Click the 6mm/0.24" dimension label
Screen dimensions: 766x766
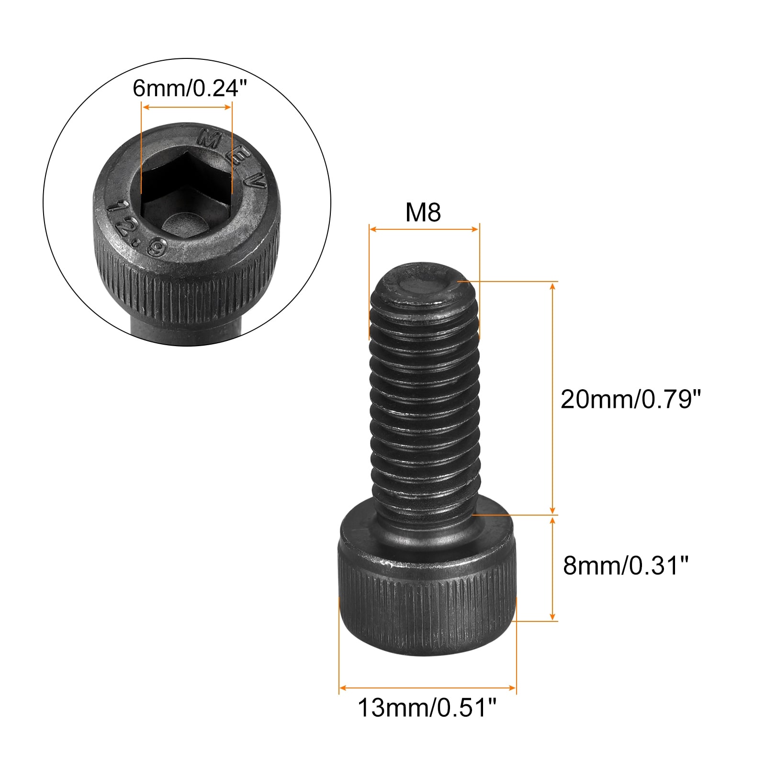pos(190,88)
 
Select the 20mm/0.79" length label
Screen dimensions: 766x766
pos(631,399)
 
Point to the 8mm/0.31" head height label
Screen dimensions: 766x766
pos(625,565)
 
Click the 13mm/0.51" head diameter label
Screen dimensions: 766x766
pos(427,708)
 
